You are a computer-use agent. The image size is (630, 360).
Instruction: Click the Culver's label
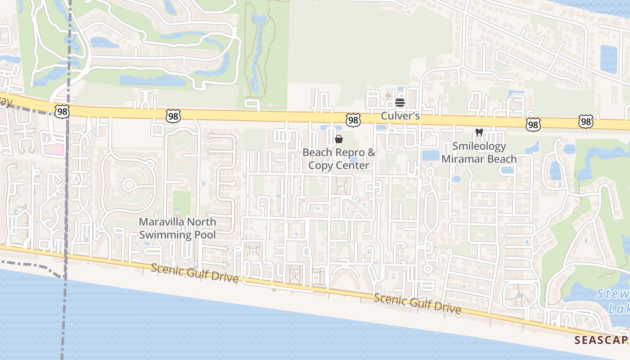[x=400, y=116]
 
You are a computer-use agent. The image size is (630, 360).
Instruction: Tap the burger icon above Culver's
[x=400, y=103]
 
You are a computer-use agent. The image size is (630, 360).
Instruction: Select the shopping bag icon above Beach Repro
[x=339, y=139]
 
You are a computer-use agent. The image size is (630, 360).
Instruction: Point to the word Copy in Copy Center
[x=321, y=165]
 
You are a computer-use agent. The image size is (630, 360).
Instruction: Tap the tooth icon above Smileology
[x=479, y=133]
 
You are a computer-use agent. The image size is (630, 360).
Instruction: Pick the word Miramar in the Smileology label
[x=463, y=159]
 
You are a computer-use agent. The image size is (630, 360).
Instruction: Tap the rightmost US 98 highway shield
[x=585, y=121]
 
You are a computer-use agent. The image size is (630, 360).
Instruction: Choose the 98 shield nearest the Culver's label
[x=353, y=119]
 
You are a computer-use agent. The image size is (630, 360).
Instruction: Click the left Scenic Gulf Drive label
[x=194, y=273]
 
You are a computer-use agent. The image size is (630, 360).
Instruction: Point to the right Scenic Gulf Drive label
[x=417, y=304]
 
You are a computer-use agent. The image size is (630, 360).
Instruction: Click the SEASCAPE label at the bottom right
[x=602, y=340]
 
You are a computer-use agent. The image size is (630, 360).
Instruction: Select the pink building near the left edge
[x=53, y=143]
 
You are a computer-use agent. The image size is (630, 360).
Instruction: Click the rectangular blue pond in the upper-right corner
[x=608, y=59]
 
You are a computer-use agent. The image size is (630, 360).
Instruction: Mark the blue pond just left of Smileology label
[x=431, y=155]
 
